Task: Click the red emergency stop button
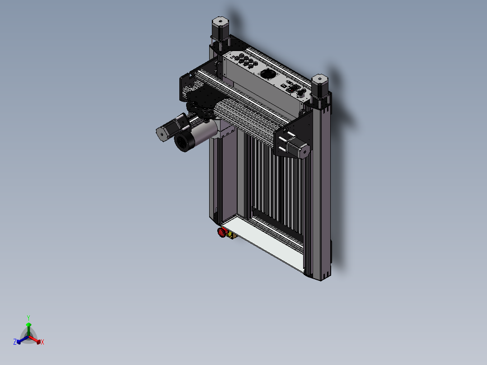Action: coord(222,232)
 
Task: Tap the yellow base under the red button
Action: coord(231,235)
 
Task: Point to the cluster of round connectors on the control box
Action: coord(246,60)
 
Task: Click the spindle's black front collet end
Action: coord(183,142)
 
